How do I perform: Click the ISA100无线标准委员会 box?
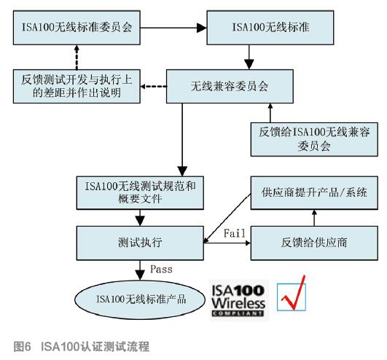77,28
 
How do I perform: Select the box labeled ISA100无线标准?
270,28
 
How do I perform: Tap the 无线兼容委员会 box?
230,87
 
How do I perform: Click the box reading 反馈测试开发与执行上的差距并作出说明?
77,87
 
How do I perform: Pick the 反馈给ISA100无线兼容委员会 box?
314,139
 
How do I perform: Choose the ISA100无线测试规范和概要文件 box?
140,192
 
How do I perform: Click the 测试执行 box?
140,243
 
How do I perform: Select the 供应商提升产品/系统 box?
314,192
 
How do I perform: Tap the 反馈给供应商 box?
314,243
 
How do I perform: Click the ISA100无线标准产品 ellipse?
140,300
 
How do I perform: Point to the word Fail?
235,233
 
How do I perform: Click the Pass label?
161,269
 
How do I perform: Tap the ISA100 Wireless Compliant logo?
239,300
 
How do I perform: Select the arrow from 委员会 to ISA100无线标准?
173,28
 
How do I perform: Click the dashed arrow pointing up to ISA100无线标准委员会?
77,58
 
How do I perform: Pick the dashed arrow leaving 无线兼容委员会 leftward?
153,87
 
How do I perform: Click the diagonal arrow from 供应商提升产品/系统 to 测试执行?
227,218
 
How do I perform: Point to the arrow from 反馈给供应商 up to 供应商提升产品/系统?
314,218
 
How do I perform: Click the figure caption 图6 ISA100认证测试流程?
82,346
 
